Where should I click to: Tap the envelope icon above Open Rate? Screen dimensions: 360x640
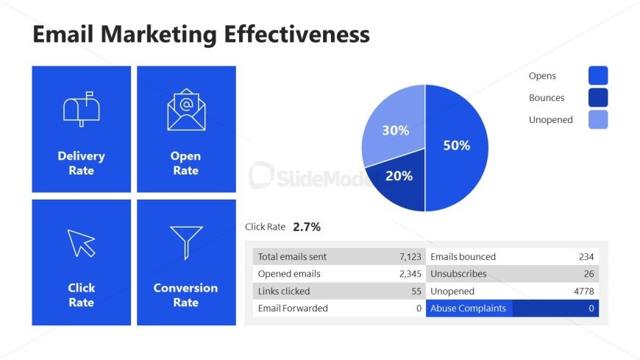click(186, 110)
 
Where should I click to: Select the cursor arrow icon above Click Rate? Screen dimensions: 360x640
click(82, 243)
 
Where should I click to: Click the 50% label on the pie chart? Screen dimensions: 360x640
click(456, 146)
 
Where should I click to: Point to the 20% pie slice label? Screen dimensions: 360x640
click(399, 176)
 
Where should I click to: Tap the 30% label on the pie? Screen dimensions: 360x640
click(395, 130)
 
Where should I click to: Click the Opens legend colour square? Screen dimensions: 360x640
click(598, 76)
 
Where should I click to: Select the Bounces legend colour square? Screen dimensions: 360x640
click(598, 98)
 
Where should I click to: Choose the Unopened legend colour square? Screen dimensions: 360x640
click(598, 119)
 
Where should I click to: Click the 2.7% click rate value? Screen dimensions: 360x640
click(307, 227)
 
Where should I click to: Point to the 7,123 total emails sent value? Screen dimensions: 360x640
click(410, 257)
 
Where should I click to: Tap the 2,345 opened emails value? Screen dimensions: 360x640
click(410, 274)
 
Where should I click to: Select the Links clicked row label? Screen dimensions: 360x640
click(284, 292)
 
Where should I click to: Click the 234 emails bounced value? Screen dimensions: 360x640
click(586, 257)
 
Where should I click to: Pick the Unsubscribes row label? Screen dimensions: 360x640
click(458, 274)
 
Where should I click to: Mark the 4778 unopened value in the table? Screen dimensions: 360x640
click(583, 292)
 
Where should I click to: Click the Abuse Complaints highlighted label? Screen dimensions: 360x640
click(469, 308)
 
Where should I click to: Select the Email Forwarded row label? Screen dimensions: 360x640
click(293, 308)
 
